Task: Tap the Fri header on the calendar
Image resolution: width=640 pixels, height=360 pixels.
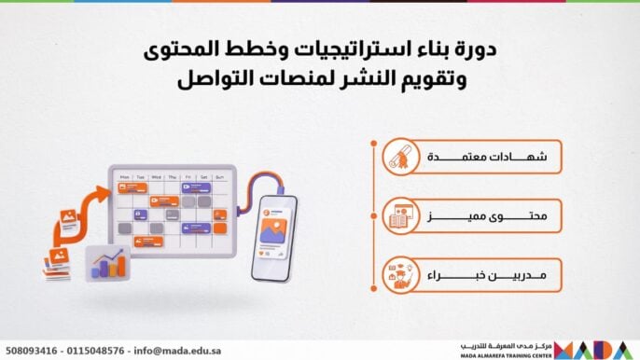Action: point(188,175)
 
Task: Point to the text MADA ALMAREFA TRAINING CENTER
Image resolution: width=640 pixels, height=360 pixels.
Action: point(506,354)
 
